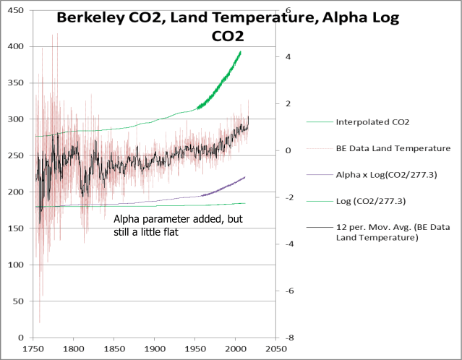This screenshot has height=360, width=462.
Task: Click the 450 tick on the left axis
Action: tap(14, 10)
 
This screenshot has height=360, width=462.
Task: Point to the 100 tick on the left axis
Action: tap(14, 265)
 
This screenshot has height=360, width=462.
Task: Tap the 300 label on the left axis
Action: tap(14, 119)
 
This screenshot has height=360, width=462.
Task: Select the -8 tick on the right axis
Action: tap(287, 338)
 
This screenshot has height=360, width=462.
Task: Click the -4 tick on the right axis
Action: tap(287, 244)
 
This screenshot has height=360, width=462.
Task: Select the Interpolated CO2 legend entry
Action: tap(372, 122)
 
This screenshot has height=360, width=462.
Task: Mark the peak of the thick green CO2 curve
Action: tap(241, 51)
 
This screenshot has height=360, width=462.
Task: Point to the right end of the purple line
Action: tap(245, 177)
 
